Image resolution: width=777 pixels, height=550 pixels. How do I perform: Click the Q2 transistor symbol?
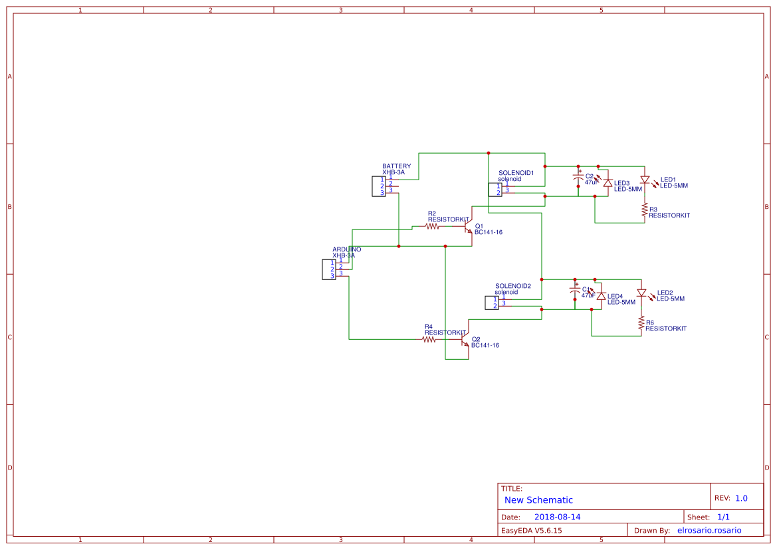(465, 341)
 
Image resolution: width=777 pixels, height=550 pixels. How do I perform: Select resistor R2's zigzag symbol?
(433, 226)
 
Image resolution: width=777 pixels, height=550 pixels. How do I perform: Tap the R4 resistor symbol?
(429, 339)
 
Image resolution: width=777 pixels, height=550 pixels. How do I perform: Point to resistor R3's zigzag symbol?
(644, 210)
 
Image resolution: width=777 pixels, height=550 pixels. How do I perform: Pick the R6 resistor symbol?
(641, 324)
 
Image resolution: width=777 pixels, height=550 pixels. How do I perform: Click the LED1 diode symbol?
(644, 180)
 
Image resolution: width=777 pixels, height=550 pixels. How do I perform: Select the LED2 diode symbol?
(641, 293)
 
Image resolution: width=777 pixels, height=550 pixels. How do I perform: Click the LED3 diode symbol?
(606, 183)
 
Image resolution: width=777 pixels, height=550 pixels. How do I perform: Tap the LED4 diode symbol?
(601, 296)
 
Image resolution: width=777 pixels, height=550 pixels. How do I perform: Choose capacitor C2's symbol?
(578, 178)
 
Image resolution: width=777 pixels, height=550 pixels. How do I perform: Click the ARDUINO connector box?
(329, 269)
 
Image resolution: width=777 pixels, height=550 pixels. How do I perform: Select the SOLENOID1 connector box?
(495, 190)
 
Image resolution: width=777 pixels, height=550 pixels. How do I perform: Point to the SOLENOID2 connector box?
(492, 303)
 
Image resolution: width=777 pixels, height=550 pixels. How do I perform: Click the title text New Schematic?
(538, 500)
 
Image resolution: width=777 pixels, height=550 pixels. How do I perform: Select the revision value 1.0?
(741, 498)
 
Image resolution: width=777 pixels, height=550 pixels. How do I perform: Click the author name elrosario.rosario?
(709, 530)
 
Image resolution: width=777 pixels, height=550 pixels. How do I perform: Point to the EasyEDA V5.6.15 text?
(531, 530)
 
